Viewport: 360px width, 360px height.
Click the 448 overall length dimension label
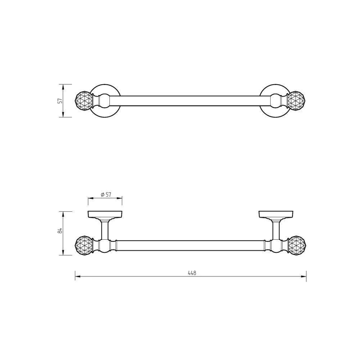[x=192, y=273]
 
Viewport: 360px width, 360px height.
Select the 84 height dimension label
[x=60, y=231]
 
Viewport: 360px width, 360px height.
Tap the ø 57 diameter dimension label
[x=106, y=194]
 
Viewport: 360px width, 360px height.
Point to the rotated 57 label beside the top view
[x=60, y=100]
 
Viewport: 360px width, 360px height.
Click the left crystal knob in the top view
[x=84, y=101]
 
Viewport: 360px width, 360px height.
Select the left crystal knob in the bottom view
[x=84, y=246]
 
